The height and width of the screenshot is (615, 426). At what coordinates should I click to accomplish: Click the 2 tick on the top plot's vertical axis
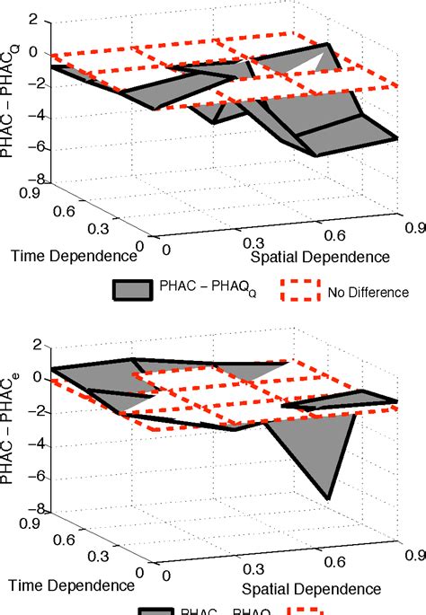(x=36, y=18)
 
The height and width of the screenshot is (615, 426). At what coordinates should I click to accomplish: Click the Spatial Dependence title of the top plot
(x=320, y=258)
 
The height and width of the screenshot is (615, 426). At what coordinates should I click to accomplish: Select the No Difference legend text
(x=368, y=292)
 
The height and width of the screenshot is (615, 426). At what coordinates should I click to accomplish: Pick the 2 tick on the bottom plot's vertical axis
(x=36, y=345)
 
